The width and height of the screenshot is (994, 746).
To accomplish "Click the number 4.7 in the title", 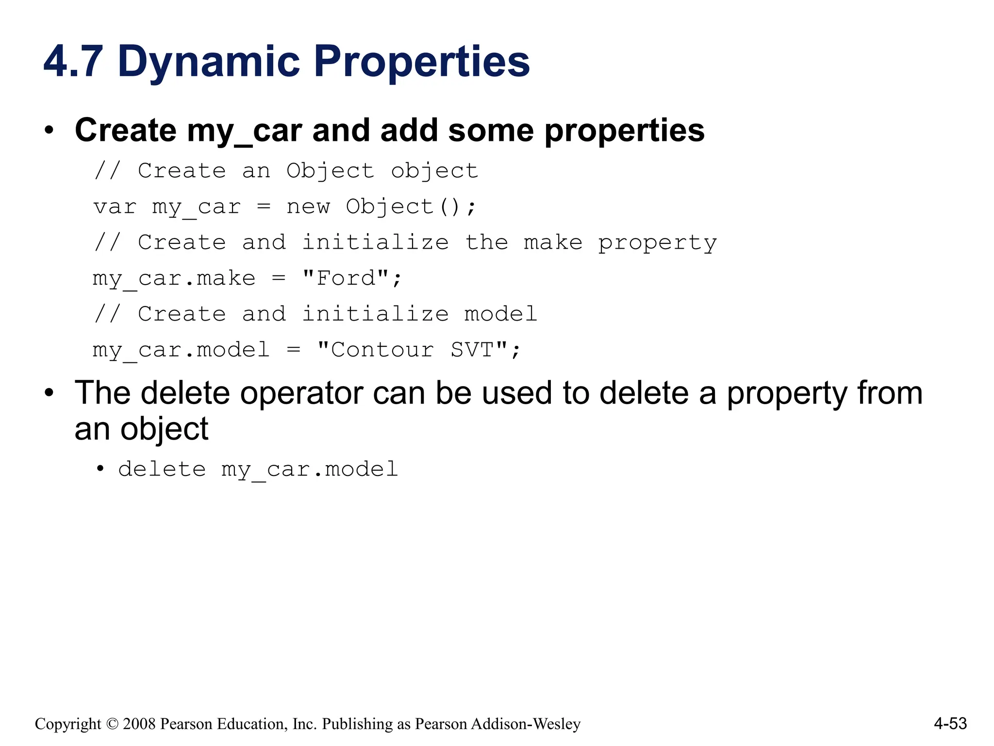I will coord(73,62).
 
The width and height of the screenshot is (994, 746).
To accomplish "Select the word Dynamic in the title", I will coord(209,62).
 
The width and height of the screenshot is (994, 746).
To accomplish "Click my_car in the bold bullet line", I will coord(244,131).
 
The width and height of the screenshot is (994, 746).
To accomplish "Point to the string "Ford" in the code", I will coord(346,279).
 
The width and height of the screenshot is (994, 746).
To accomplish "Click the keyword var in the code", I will coord(115,207).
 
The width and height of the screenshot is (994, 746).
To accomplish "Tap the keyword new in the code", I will coord(308,207).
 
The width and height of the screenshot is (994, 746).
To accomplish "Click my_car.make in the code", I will coord(174,279).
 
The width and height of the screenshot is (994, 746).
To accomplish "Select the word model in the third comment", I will coord(500,314).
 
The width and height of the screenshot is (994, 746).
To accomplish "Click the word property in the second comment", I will coord(657,243).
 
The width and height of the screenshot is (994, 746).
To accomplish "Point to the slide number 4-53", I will coord(950,724).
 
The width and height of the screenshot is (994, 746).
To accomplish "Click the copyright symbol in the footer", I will coord(112,724).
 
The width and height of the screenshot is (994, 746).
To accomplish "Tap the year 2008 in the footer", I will coord(139,724).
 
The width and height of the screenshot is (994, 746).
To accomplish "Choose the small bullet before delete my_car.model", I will coord(100,469).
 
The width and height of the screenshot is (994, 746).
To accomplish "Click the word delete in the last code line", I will coord(162,470).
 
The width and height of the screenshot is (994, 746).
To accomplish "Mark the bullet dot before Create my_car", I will coord(49,131).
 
